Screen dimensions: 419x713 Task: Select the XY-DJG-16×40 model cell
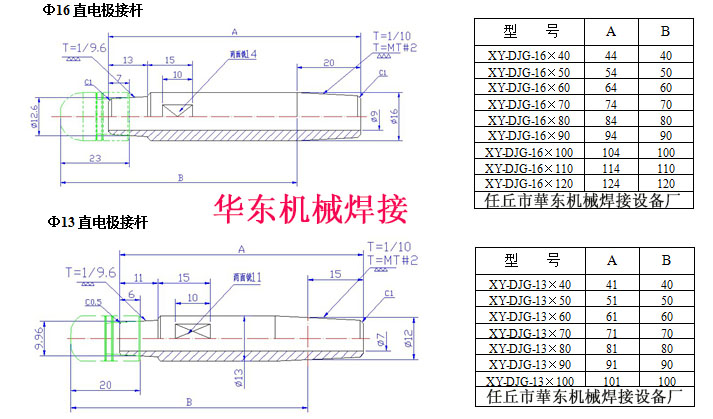click(x=527, y=55)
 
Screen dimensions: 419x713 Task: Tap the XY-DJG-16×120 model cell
click(x=527, y=183)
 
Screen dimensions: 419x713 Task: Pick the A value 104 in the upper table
click(x=611, y=151)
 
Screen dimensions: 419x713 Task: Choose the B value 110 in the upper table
click(x=665, y=167)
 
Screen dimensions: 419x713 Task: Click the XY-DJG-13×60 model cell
click(x=527, y=317)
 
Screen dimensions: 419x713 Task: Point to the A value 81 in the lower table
click(x=611, y=349)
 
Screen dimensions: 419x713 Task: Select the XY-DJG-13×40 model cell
click(x=527, y=285)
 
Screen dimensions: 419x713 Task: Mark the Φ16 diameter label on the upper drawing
click(x=394, y=117)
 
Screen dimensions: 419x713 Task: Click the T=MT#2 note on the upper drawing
click(x=395, y=47)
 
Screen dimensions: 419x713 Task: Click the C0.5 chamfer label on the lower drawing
click(x=93, y=300)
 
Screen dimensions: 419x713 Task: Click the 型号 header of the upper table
click(x=527, y=32)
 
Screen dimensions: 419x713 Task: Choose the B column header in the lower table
click(x=665, y=259)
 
